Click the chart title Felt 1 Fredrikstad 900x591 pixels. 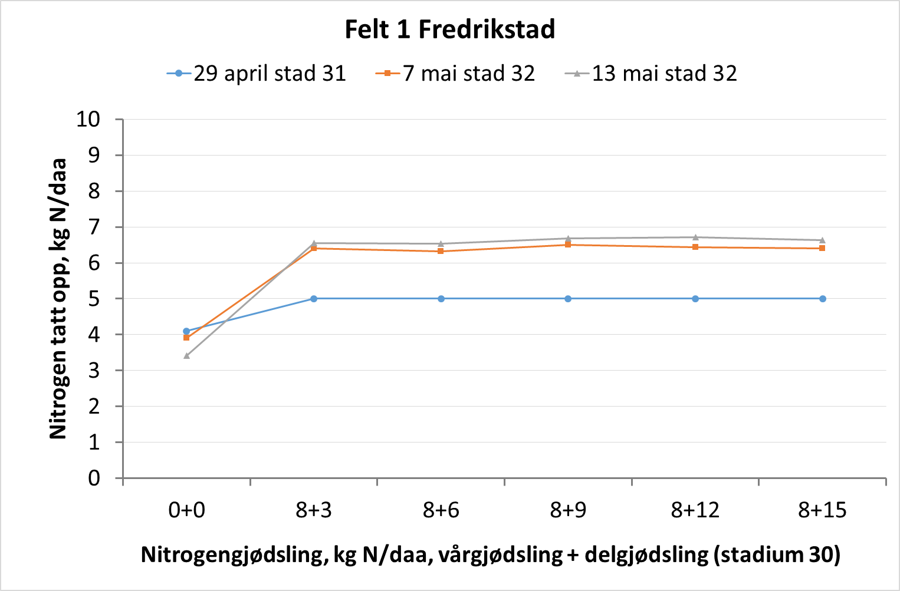[449, 29]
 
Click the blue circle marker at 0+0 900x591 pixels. [186, 331]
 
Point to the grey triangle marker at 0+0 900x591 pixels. [186, 356]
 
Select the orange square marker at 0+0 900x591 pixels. [186, 338]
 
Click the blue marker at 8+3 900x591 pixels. [314, 299]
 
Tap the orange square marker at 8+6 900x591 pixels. [441, 251]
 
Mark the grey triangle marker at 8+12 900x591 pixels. [695, 237]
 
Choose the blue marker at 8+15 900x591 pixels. [823, 299]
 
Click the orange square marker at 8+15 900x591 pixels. [823, 248]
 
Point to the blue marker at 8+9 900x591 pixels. [568, 299]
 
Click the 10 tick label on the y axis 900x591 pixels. [88, 119]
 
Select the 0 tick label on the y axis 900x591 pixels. [94, 478]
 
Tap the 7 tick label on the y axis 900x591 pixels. [94, 227]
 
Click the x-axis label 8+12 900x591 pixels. [695, 510]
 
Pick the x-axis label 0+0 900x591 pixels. [186, 510]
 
